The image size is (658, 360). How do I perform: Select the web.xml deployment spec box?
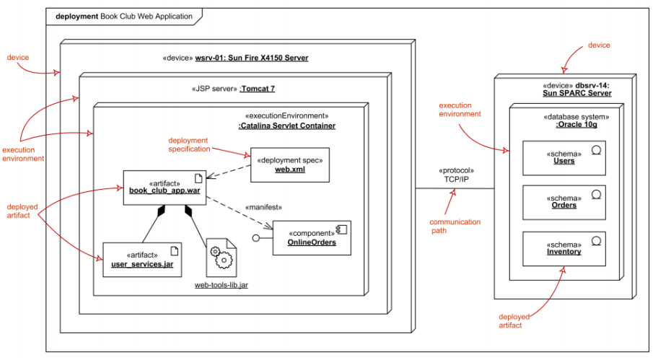(x=289, y=165)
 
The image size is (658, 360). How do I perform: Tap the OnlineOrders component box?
(x=312, y=238)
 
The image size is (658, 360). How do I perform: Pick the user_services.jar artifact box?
(x=142, y=260)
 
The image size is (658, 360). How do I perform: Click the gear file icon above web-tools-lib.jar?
(x=221, y=256)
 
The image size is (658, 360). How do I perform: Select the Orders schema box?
(x=564, y=201)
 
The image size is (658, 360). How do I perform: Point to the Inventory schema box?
(x=564, y=247)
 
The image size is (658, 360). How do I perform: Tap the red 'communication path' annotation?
(x=455, y=227)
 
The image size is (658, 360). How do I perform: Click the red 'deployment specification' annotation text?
(x=188, y=144)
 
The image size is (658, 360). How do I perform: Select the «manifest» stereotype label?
(x=263, y=207)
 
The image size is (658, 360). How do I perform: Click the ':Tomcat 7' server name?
(x=258, y=89)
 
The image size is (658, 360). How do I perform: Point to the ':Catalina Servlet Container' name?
(x=286, y=126)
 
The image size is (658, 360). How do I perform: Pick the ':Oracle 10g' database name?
(x=576, y=124)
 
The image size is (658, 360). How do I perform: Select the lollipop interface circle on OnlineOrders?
(x=255, y=237)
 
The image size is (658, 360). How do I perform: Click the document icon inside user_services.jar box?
(x=173, y=251)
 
